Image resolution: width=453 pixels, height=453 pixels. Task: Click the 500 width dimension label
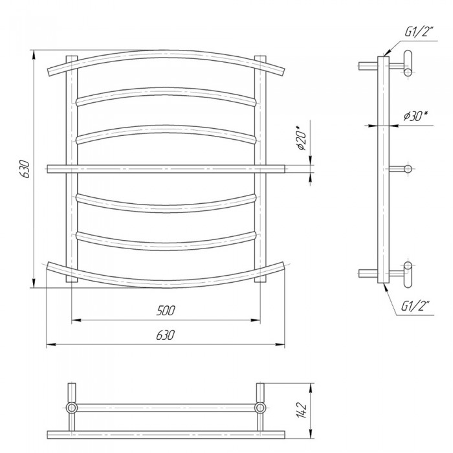166,311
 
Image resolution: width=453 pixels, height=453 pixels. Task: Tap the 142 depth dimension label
301,410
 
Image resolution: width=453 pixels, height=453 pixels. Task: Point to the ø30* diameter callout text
415,116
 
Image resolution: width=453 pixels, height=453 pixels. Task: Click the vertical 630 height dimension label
25,169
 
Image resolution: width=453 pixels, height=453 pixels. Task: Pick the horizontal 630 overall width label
166,335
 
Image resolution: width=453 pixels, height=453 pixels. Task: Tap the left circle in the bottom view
71,408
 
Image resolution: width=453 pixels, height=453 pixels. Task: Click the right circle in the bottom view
260,408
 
